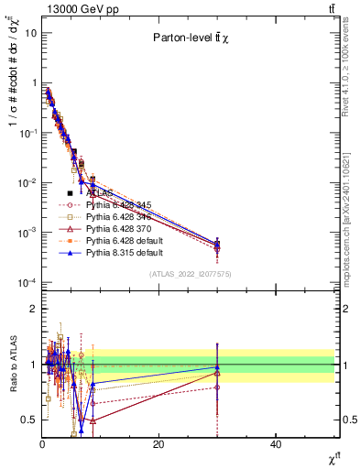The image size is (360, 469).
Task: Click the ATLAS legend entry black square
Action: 70,194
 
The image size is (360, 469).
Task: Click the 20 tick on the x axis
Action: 158,444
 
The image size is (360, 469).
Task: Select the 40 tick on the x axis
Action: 276,444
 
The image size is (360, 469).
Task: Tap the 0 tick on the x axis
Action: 42,444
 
